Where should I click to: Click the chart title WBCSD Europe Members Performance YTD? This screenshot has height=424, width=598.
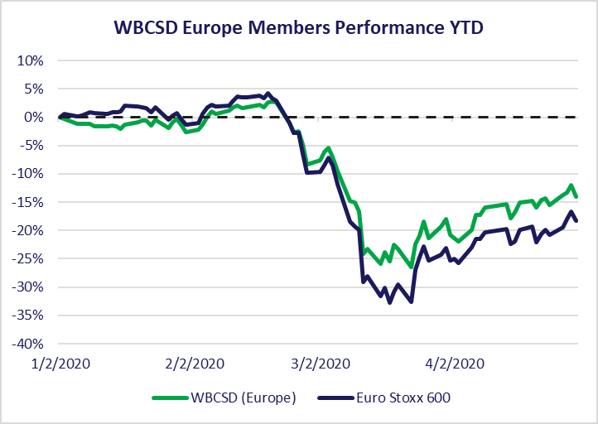click(x=299, y=27)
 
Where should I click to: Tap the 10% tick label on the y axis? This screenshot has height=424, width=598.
click(x=30, y=60)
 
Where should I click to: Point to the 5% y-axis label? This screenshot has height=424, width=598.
click(x=34, y=89)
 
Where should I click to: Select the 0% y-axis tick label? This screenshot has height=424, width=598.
click(x=34, y=118)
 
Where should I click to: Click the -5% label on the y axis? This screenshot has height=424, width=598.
click(x=30, y=146)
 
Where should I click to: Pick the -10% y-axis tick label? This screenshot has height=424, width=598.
click(x=27, y=174)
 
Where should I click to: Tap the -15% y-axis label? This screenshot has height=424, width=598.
click(x=27, y=202)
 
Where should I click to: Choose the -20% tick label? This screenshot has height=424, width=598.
click(x=27, y=231)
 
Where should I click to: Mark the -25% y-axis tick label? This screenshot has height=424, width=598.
click(x=27, y=259)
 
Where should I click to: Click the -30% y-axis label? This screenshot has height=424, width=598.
click(x=27, y=287)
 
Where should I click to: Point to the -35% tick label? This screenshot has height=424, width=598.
click(x=27, y=316)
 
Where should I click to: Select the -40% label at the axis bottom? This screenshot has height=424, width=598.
click(x=27, y=344)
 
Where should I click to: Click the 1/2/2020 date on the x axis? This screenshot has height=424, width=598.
click(x=60, y=364)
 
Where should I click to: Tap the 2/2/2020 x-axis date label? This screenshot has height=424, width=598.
click(x=195, y=364)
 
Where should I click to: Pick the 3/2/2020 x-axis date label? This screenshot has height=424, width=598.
click(x=321, y=364)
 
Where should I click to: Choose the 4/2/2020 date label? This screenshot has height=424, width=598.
click(x=455, y=364)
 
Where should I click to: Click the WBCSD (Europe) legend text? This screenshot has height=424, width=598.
click(x=244, y=397)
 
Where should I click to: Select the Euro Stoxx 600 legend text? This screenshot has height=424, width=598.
click(x=403, y=397)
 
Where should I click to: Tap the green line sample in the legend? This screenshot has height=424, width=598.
click(x=170, y=398)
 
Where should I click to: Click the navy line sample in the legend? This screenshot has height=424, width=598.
click(x=335, y=398)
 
